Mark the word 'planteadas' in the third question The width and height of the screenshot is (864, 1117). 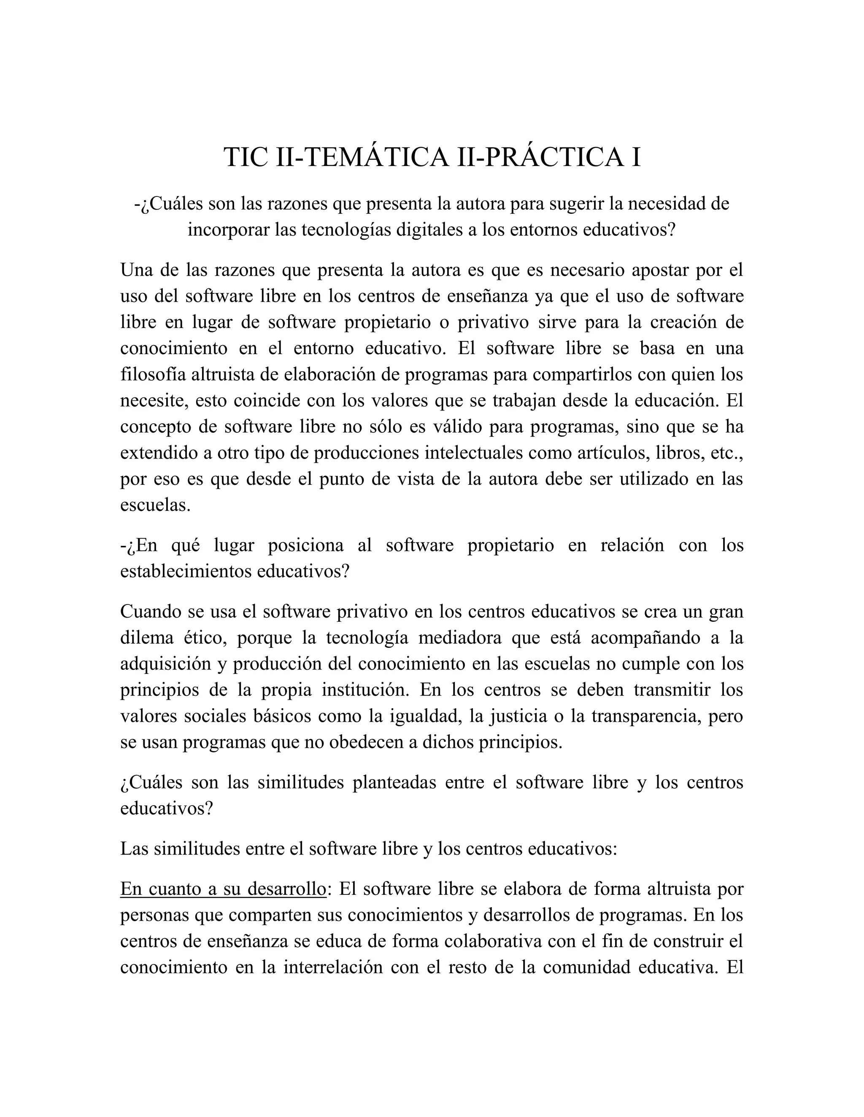tap(394, 782)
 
